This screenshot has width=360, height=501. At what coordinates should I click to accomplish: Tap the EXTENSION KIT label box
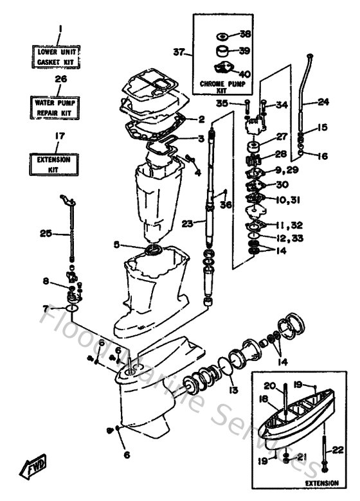click(x=55, y=163)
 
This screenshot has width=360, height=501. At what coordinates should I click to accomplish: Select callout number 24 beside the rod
click(x=323, y=101)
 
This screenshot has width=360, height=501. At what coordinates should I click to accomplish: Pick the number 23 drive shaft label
click(x=187, y=224)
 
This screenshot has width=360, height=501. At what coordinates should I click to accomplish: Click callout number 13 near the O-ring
click(x=233, y=390)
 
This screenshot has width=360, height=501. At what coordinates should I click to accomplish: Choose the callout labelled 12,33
click(x=289, y=239)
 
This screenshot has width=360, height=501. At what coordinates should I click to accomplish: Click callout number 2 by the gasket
click(x=201, y=119)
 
